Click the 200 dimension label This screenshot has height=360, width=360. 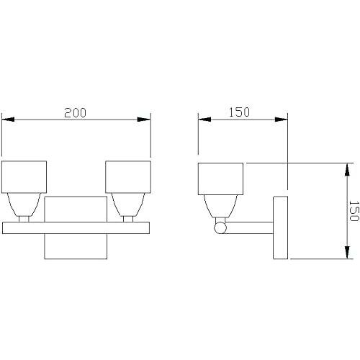[x=75, y=113]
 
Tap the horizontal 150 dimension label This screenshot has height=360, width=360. [x=239, y=112]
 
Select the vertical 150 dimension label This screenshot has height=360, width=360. [x=354, y=211]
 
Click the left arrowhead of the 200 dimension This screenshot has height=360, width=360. [x=8, y=120]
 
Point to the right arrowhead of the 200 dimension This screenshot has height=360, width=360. [x=144, y=120]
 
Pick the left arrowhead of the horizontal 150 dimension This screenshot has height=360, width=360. [x=204, y=120]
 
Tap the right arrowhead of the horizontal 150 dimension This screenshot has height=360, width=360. [x=282, y=120]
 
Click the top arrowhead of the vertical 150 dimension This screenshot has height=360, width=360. [x=347, y=170]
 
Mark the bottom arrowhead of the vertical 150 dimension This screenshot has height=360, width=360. [x=347, y=252]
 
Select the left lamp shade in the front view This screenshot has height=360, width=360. [x=24, y=177]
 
